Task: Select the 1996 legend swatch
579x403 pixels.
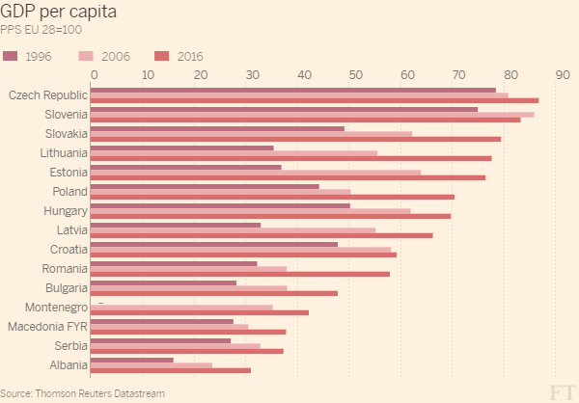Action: (11, 56)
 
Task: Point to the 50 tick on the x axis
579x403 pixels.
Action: (355, 73)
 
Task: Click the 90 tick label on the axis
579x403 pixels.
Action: (564, 73)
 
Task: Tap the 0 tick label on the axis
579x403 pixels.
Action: (94, 73)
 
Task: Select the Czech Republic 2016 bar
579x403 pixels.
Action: (316, 100)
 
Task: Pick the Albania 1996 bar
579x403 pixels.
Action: (133, 360)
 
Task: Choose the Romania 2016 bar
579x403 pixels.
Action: (241, 274)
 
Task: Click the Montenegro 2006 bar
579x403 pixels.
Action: (183, 307)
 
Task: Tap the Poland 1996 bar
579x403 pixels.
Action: (207, 186)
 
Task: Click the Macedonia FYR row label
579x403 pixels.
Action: (47, 327)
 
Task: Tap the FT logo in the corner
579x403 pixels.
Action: (560, 390)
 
